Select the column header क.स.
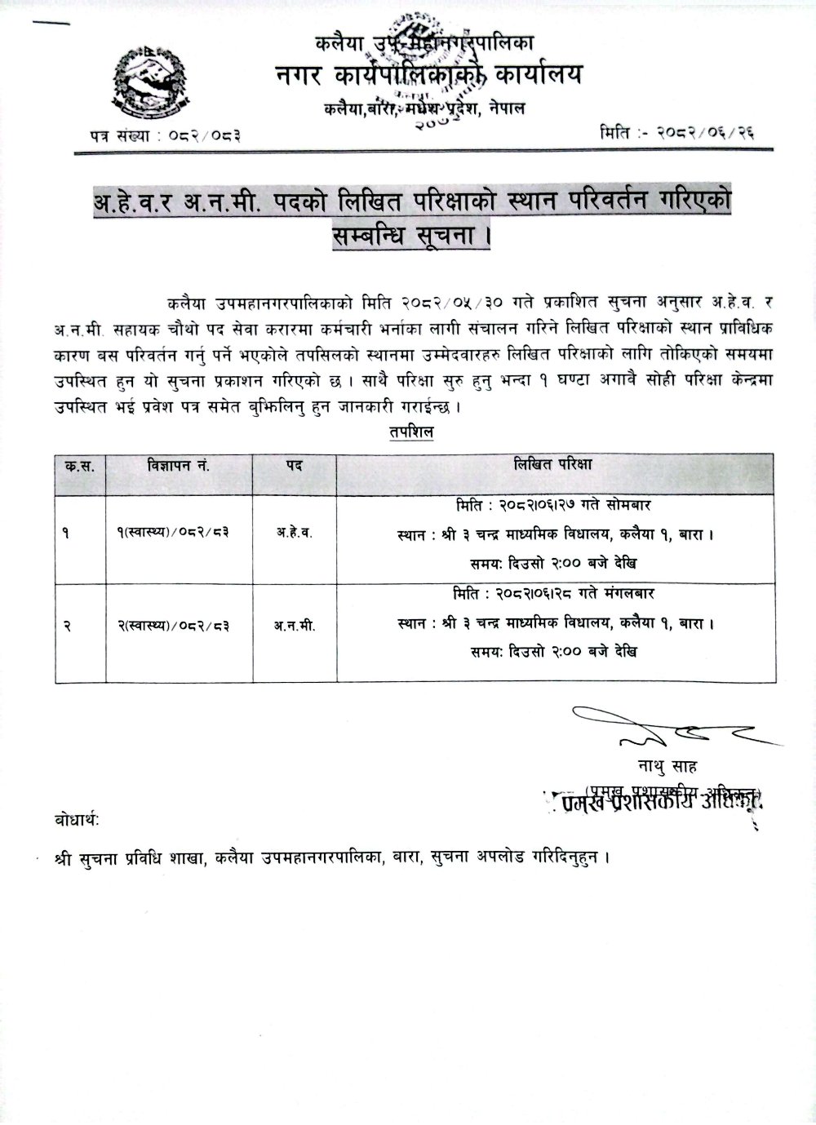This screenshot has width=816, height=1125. [x=79, y=466]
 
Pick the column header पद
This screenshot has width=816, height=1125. [x=294, y=466]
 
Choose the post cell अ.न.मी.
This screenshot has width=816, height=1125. [x=294, y=627]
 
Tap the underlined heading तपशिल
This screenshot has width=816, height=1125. [x=410, y=433]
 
